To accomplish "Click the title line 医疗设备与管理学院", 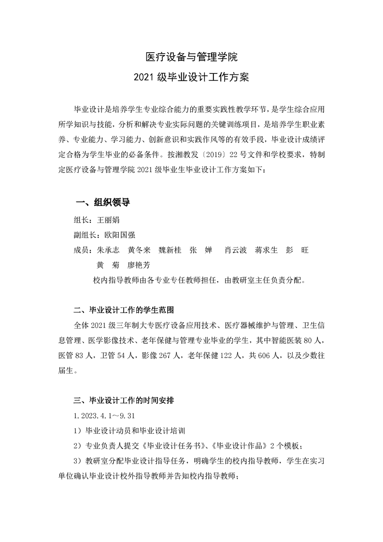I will tap(192, 57).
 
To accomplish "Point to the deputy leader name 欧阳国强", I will tap(120, 235).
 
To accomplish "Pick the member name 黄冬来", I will tap(139, 250).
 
